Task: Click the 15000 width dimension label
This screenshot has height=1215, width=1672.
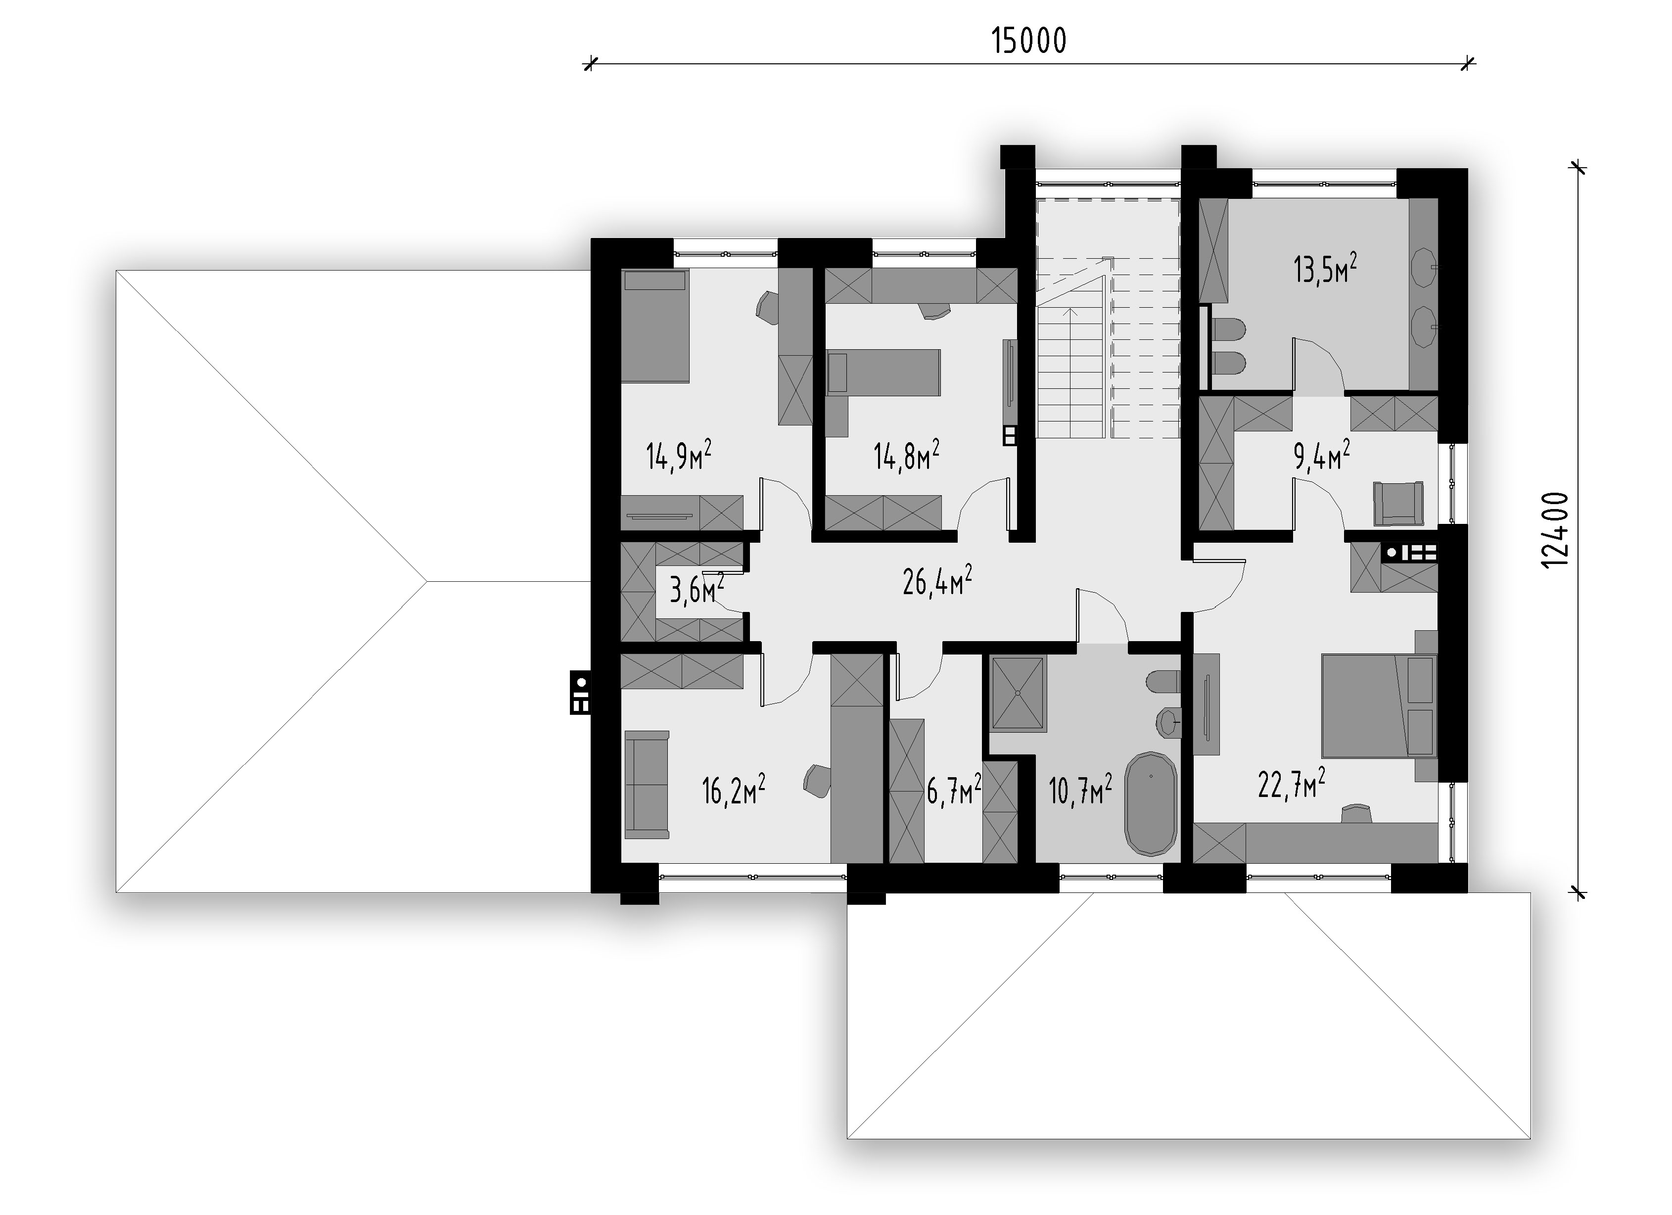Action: [1028, 41]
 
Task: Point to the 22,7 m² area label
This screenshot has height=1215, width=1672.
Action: [1292, 784]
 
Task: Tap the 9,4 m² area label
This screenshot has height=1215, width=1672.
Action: [1322, 455]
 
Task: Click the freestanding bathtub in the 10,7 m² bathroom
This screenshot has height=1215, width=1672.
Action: [1150, 804]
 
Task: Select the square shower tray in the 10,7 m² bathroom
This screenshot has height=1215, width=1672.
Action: [1018, 693]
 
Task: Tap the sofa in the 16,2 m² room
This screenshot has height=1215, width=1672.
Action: [647, 785]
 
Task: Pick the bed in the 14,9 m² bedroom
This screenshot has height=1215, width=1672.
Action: [655, 326]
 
